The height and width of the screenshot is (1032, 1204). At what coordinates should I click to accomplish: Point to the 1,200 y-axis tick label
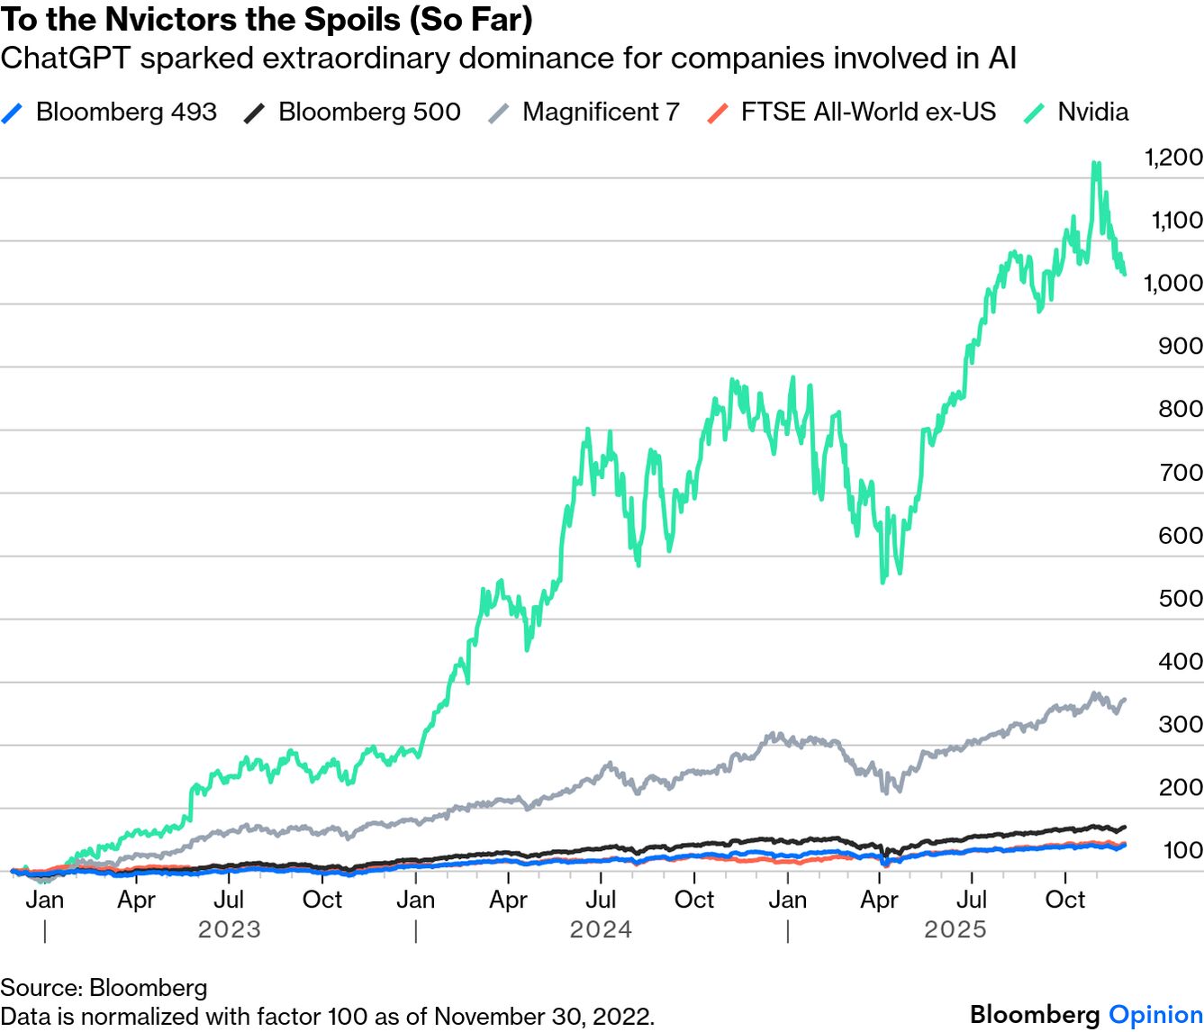click(x=1173, y=158)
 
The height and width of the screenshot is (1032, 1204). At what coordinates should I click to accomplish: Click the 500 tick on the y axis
click(x=1181, y=599)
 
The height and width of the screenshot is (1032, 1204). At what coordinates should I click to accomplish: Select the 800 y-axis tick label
click(x=1181, y=409)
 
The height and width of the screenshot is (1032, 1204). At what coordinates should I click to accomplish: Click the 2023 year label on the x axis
click(x=230, y=929)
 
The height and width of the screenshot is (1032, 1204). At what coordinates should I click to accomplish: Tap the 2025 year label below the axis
click(x=955, y=929)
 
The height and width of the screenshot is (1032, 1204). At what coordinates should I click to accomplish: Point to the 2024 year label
click(x=601, y=929)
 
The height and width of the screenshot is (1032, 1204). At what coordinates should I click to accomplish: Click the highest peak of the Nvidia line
click(x=1096, y=164)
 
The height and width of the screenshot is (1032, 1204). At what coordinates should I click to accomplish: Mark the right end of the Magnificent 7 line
click(x=1125, y=700)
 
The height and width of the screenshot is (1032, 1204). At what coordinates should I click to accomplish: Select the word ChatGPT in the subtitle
click(x=65, y=59)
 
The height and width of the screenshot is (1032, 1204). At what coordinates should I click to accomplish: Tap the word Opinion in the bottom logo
click(x=1155, y=1015)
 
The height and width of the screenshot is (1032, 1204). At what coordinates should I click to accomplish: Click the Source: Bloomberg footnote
click(x=104, y=988)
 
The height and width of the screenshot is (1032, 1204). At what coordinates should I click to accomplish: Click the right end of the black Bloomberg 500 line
click(x=1125, y=827)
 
